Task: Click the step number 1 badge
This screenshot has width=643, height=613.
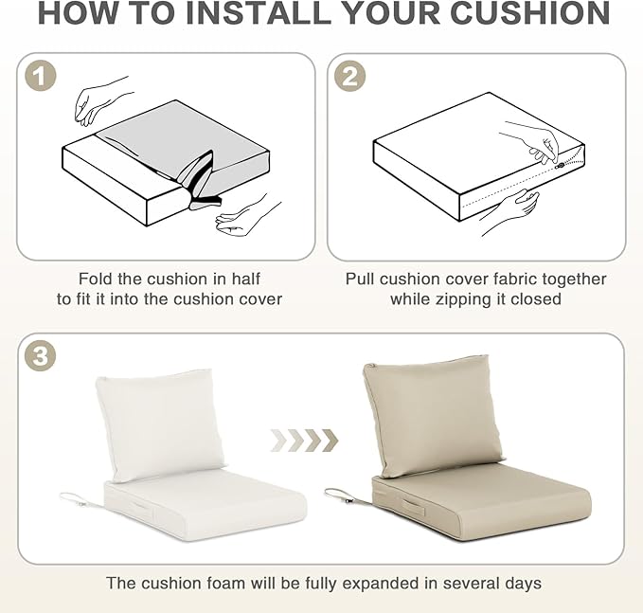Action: (40, 76)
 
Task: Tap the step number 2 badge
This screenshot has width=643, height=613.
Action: (349, 76)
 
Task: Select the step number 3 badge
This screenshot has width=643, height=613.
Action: (40, 355)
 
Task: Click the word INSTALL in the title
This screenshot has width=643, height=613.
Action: (259, 13)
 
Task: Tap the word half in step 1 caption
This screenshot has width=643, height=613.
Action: (245, 279)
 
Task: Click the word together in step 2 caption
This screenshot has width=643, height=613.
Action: (574, 279)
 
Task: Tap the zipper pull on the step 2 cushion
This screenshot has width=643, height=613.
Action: (561, 166)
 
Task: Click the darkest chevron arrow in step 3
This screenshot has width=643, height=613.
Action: (330, 441)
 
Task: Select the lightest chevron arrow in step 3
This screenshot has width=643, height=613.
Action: (278, 441)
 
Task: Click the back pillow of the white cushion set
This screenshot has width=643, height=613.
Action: (160, 424)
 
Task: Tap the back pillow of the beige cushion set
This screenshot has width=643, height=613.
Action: (433, 415)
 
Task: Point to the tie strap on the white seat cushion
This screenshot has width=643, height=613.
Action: (80, 499)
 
